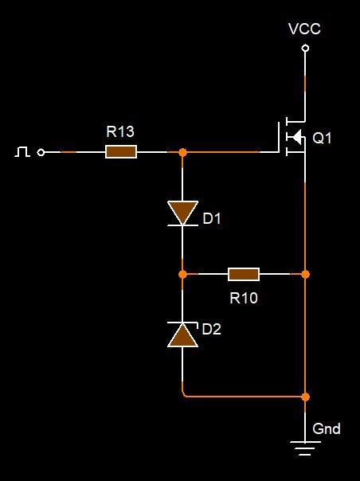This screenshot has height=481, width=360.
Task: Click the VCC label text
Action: tap(304, 29)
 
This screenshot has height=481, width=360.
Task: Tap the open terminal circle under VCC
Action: tap(305, 48)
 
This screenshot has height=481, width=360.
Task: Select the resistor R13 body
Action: tap(121, 152)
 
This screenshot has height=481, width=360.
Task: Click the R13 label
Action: tap(120, 131)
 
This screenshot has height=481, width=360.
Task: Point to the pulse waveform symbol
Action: tap(22, 151)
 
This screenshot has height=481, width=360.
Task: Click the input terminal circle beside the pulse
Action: tap(41, 152)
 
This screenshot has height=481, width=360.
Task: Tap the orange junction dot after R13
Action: tap(182, 152)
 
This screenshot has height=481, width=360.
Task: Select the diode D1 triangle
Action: tap(182, 212)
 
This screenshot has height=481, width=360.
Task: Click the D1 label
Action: tap(212, 218)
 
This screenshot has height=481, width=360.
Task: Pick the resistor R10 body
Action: tap(244, 274)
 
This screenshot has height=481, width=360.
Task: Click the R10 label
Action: tap(244, 298)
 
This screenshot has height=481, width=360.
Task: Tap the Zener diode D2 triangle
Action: tap(182, 335)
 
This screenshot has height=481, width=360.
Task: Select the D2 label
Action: tap(211, 329)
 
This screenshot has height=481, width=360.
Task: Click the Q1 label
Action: tap(322, 138)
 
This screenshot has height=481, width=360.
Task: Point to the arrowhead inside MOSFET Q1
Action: tap(296, 136)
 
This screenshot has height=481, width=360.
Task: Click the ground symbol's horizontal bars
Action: tap(305, 448)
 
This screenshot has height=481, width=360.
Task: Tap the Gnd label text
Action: tap(327, 428)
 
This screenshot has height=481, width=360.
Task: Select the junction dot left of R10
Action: tap(182, 274)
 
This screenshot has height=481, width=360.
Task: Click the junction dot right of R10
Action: tap(305, 274)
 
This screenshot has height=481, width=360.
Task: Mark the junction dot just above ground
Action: tap(305, 397)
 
